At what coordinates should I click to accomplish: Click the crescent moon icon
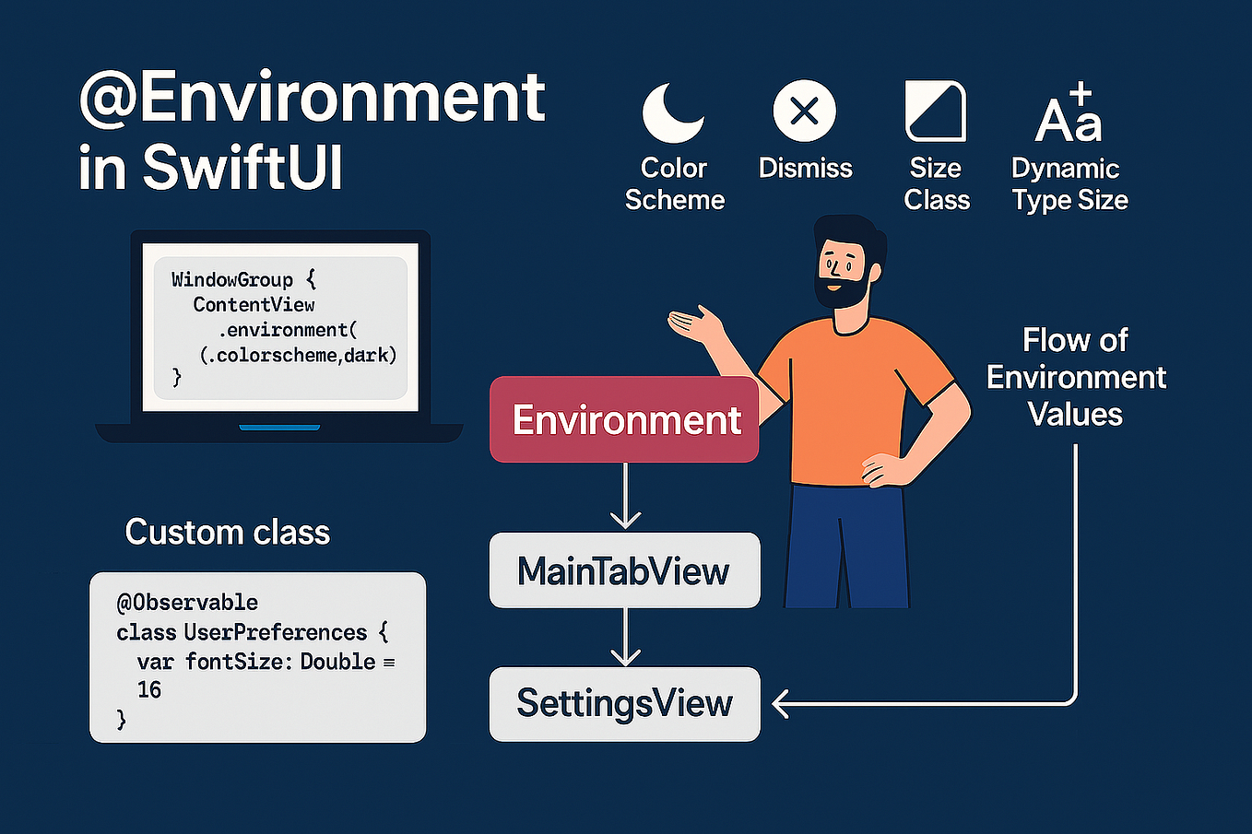click(x=671, y=113)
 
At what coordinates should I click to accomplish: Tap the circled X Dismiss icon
click(x=804, y=112)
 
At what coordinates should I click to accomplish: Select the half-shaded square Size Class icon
click(x=935, y=112)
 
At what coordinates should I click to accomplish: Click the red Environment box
click(x=624, y=419)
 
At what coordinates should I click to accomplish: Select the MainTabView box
click(x=624, y=570)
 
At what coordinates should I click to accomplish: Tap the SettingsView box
click(x=624, y=704)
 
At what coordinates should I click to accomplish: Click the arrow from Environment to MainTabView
click(x=626, y=498)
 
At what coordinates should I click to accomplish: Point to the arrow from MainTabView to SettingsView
click(x=626, y=638)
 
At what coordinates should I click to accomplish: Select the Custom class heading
click(x=227, y=532)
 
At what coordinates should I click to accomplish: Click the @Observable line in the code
click(x=187, y=602)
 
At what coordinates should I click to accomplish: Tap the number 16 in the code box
click(x=149, y=689)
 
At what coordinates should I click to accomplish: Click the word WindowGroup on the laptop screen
click(x=232, y=279)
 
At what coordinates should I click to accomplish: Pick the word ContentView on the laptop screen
click(x=254, y=304)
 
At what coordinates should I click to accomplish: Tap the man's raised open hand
click(x=693, y=325)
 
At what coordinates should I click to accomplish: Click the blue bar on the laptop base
click(x=279, y=428)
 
